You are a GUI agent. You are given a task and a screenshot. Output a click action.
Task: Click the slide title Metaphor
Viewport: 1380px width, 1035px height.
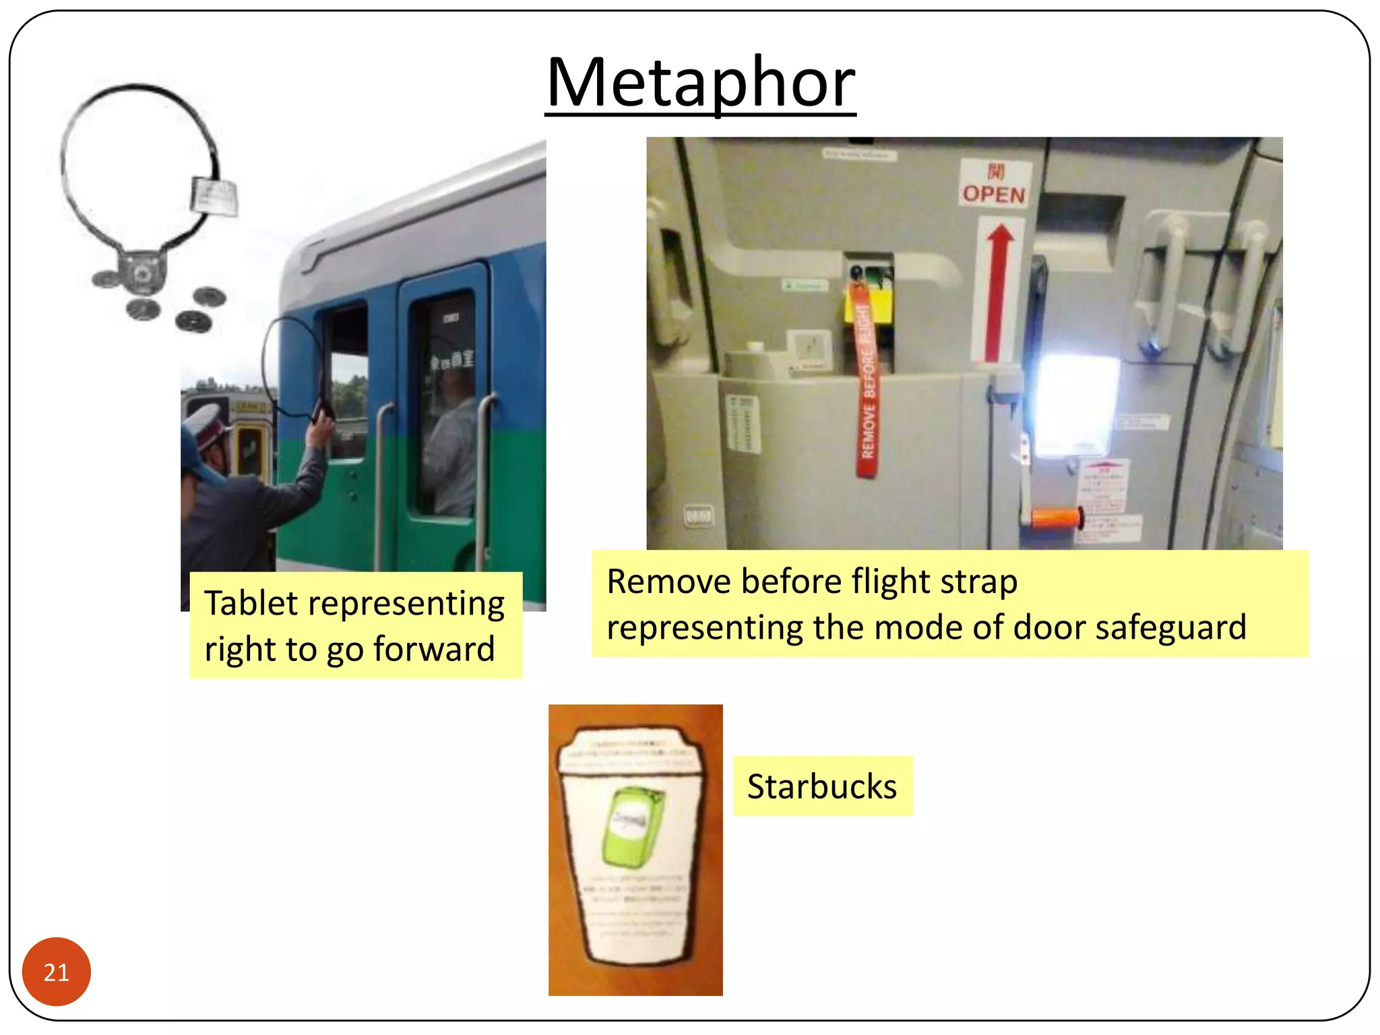click(x=701, y=83)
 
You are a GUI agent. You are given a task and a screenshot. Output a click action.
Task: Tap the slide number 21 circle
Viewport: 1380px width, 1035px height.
click(x=56, y=972)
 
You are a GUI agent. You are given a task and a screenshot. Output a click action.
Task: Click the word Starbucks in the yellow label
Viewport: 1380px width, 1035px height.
click(x=822, y=786)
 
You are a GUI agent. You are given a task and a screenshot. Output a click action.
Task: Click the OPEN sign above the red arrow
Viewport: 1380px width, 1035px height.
click(x=994, y=194)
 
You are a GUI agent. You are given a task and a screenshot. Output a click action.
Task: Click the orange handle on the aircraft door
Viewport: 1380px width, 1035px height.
click(x=1055, y=519)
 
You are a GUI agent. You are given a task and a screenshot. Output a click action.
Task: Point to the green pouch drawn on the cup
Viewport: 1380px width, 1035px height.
click(x=631, y=825)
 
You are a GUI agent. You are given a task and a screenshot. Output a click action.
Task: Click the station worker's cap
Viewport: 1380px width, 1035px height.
click(x=206, y=422)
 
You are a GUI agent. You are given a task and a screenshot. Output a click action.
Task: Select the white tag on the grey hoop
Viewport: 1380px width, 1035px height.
click(x=214, y=197)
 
